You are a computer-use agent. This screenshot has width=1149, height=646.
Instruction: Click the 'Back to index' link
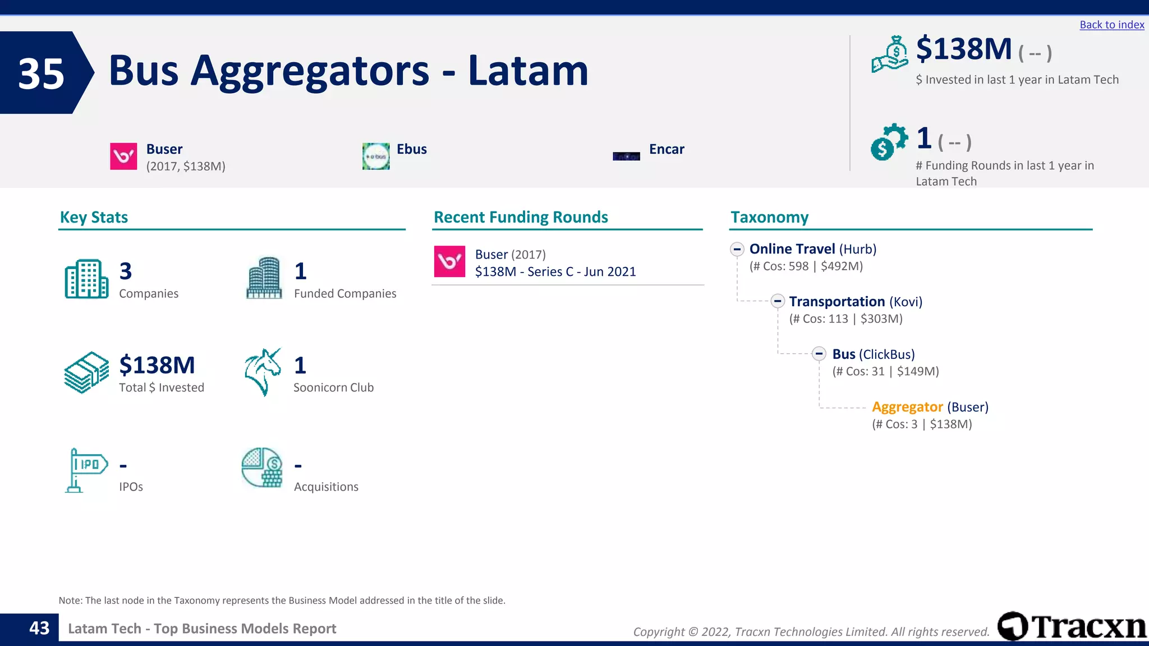(1111, 25)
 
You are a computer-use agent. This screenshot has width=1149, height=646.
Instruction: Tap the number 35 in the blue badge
(41, 73)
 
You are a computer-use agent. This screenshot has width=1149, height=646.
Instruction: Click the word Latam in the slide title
(528, 71)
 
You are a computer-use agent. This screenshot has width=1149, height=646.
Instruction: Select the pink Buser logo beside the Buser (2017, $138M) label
(123, 156)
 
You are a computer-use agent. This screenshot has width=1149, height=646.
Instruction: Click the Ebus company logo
(376, 156)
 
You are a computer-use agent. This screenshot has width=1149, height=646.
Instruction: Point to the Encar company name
(667, 149)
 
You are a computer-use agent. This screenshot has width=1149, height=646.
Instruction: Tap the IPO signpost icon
(86, 470)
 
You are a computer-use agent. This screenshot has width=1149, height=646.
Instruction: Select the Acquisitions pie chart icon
(262, 467)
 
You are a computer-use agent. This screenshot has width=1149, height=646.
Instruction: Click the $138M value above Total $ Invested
(157, 365)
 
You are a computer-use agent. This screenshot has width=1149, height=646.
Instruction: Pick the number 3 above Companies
(126, 271)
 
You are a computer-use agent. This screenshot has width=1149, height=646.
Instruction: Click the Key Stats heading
(94, 217)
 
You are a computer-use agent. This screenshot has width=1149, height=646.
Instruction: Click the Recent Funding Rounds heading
(521, 217)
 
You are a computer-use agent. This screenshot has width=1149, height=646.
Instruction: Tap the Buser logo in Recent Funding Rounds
(449, 261)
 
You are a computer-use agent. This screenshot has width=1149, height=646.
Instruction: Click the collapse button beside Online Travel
(737, 249)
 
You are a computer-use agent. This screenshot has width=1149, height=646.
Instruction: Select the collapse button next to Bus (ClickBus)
(819, 354)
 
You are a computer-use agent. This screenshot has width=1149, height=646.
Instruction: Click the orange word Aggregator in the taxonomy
(907, 407)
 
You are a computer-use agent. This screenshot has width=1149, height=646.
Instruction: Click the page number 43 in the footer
(39, 628)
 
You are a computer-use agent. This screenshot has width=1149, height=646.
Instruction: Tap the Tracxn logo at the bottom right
(1072, 626)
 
